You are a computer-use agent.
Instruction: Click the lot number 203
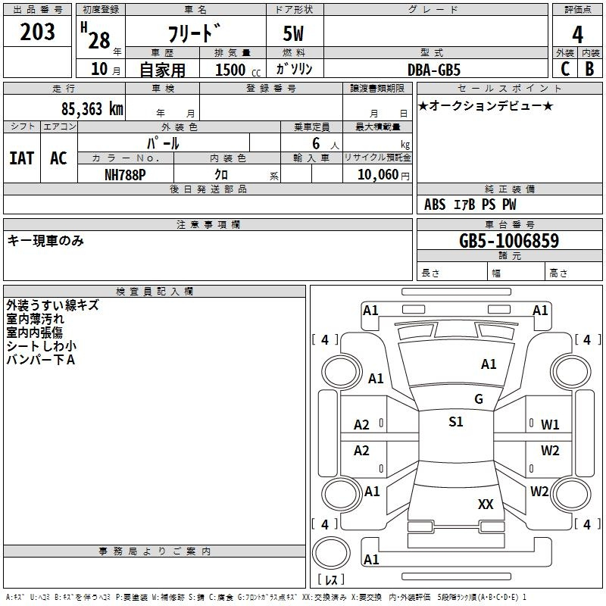[x=37, y=32]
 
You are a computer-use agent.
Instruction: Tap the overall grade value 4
[x=577, y=35]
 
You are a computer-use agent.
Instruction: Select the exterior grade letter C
[x=565, y=69]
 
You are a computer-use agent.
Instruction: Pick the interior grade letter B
[x=589, y=69]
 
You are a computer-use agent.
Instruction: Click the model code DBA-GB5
[x=434, y=70]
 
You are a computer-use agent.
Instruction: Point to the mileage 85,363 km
[x=92, y=109]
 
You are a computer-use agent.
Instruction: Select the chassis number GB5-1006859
[x=509, y=240]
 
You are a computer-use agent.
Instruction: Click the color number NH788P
[x=125, y=175]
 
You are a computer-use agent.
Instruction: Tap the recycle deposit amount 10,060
[x=378, y=175]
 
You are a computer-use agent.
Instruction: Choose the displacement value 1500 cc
[x=238, y=70]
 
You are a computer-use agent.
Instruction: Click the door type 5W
[x=293, y=33]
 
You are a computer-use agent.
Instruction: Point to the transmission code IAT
[x=21, y=158]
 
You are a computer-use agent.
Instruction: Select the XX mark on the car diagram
[x=486, y=504]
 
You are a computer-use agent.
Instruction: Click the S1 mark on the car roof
[x=456, y=421]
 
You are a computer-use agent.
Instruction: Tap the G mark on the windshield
[x=479, y=398]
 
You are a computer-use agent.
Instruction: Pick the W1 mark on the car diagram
[x=550, y=424]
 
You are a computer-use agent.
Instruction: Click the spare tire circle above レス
[x=331, y=553]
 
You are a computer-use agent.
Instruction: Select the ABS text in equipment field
[x=435, y=205]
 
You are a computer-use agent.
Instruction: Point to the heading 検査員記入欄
[x=155, y=292]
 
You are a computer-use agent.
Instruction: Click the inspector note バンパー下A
[x=41, y=360]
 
